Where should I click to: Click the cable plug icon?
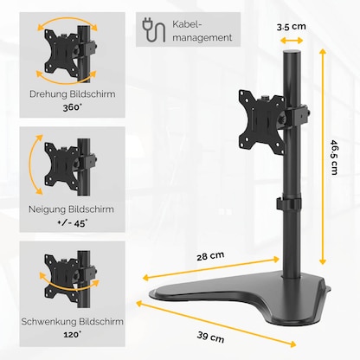click(x=154, y=32)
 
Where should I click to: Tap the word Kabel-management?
click(x=203, y=32)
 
